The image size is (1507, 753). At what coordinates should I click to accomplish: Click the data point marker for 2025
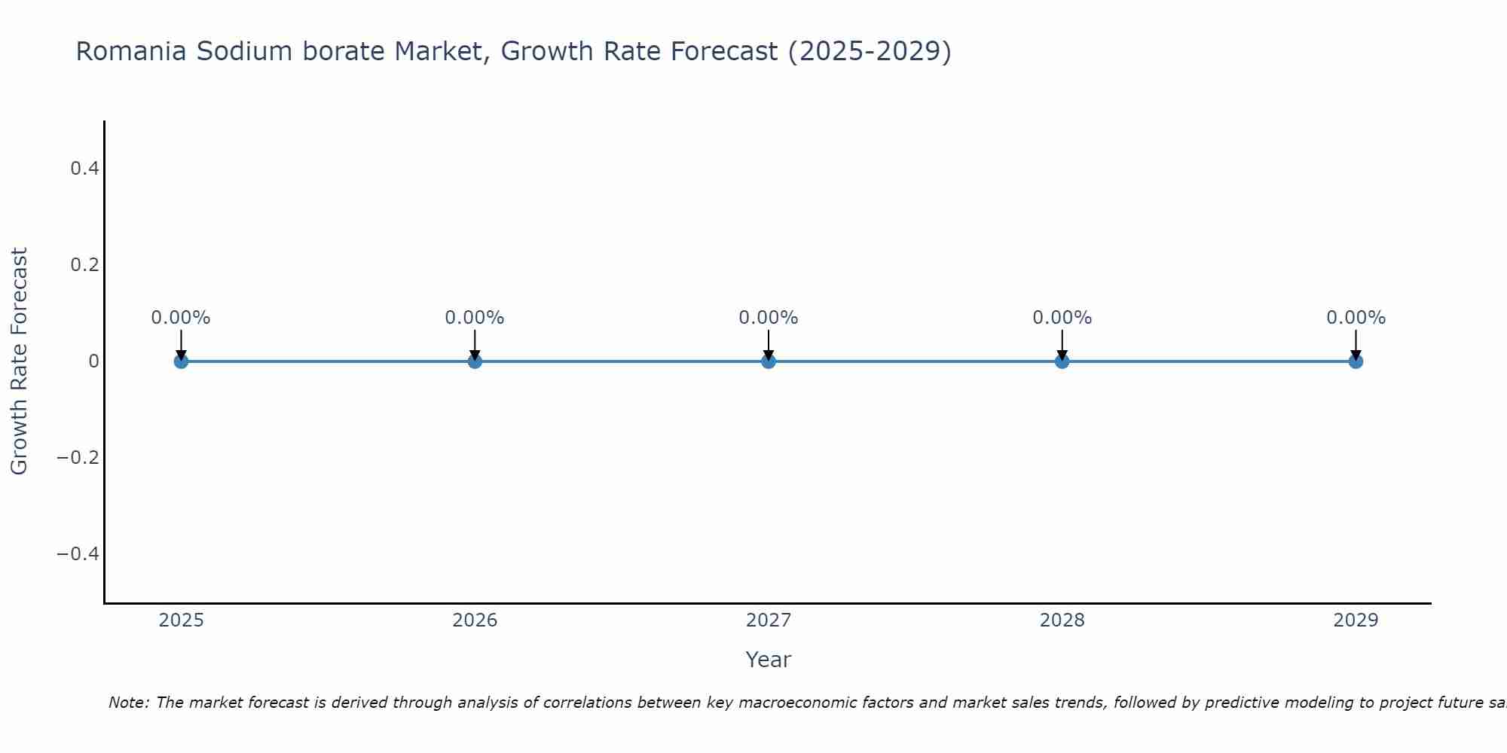[181, 361]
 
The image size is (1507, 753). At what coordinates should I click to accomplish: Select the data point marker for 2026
[475, 361]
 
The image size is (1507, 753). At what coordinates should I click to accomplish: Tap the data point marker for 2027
[769, 361]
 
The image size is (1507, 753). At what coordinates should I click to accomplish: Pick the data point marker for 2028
[1062, 361]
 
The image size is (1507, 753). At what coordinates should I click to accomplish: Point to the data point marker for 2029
[1356, 361]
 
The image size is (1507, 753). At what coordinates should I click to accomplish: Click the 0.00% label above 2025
[181, 318]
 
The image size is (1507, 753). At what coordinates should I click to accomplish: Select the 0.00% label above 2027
[769, 318]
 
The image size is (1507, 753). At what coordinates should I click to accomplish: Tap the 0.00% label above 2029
[1356, 318]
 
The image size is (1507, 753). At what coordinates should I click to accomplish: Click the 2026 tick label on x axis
[475, 620]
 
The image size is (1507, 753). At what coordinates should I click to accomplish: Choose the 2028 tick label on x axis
[1062, 620]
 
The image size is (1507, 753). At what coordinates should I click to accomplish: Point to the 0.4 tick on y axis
[84, 169]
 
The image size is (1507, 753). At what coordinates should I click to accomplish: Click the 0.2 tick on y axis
[84, 265]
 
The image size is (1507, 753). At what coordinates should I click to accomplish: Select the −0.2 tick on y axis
[78, 458]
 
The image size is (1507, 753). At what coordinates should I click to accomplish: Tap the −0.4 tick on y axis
[78, 554]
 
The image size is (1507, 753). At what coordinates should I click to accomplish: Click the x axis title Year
[768, 660]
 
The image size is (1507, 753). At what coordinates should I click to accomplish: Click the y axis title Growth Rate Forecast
[19, 361]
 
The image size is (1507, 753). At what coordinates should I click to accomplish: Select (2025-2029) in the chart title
[870, 52]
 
